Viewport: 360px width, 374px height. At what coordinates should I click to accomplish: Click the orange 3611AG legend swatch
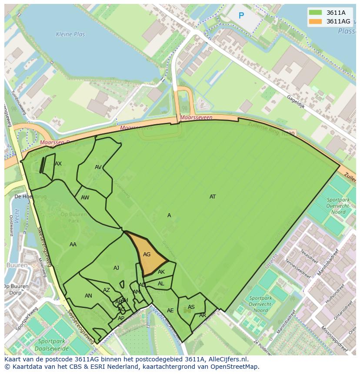click(315, 21)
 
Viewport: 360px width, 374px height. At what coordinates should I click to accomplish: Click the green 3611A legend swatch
click(315, 13)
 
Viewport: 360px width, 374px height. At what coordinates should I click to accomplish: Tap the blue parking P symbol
click(241, 16)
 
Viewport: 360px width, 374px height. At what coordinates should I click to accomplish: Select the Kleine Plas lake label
click(70, 34)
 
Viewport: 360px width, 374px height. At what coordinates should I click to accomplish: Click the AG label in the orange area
click(147, 255)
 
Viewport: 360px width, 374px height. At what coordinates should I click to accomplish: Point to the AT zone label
click(213, 197)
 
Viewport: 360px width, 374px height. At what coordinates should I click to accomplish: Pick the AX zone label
click(58, 164)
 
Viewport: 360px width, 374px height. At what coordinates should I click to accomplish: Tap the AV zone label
click(98, 167)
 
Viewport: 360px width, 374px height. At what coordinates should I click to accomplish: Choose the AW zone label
click(85, 198)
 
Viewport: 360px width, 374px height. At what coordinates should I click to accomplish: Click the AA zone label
click(73, 245)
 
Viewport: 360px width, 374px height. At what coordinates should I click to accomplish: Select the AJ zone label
click(116, 268)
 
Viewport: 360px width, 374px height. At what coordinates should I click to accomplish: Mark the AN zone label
click(88, 296)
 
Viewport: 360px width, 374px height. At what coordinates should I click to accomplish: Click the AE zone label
click(170, 311)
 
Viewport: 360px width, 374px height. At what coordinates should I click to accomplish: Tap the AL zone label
click(161, 284)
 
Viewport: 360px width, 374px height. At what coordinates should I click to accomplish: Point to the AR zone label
click(203, 315)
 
